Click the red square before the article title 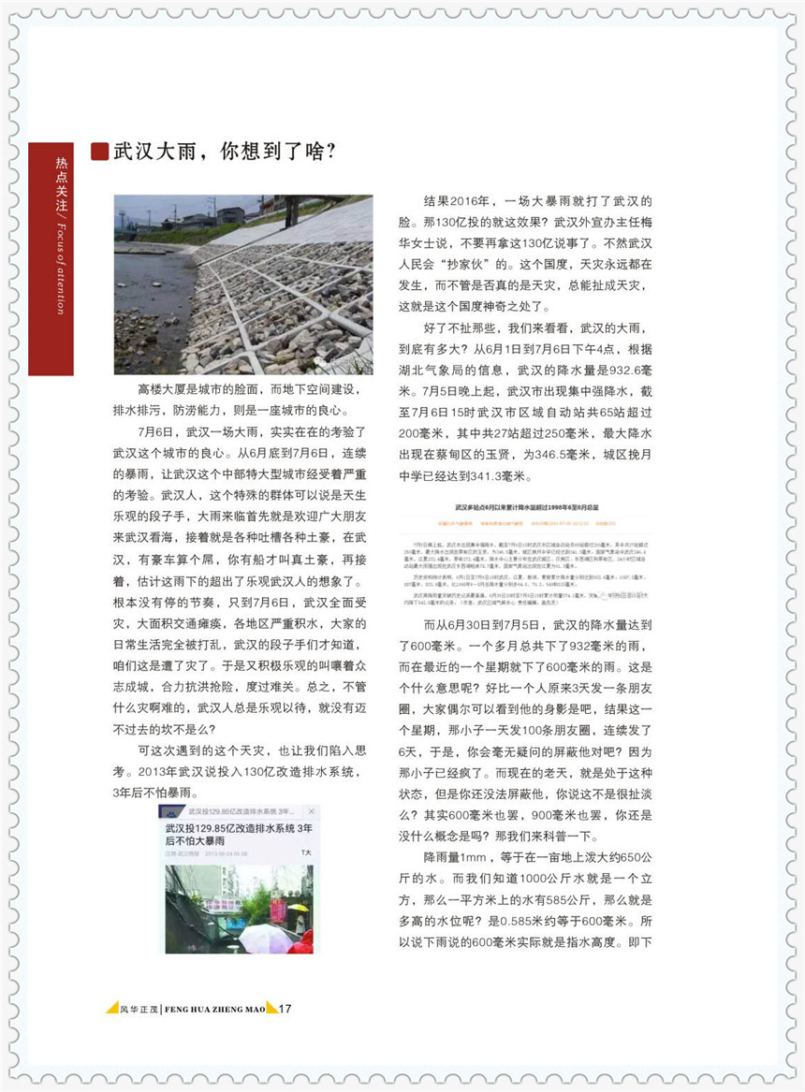[x=99, y=152]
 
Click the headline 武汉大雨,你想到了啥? [x=225, y=152]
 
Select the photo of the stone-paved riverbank [x=243, y=284]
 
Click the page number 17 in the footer [x=286, y=1009]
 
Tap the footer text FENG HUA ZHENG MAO [x=213, y=1009]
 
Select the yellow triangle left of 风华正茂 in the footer [x=110, y=1008]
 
